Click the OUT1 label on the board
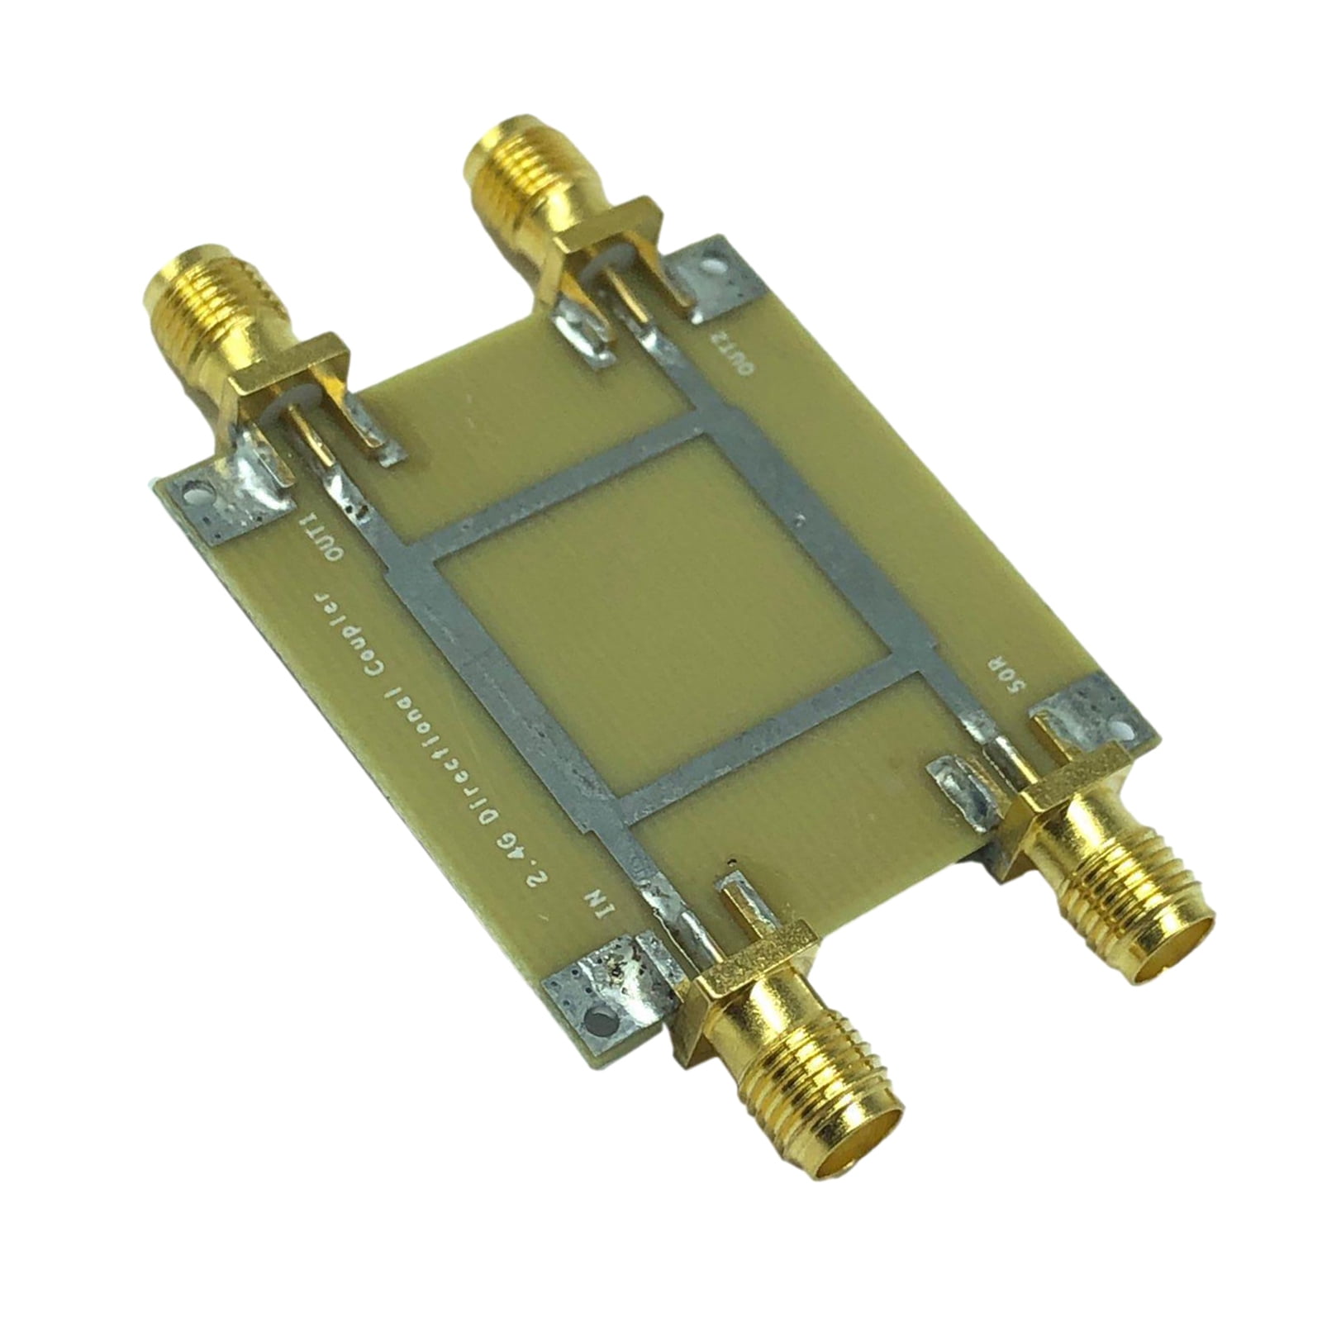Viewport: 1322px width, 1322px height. click(x=319, y=536)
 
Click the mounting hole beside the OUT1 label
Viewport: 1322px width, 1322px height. click(x=197, y=498)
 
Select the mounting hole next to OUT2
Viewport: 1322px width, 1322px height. click(x=710, y=269)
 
